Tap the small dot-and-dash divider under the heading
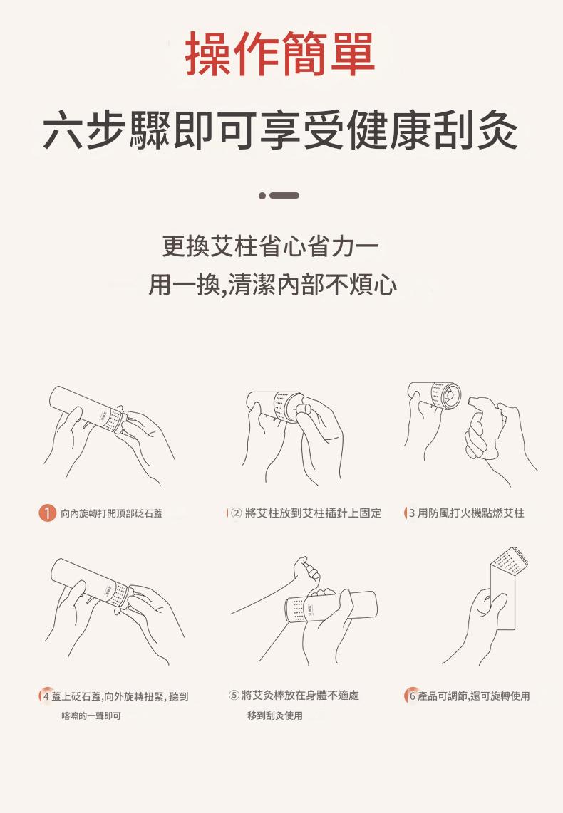pos(279,196)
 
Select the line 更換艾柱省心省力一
pos(270,246)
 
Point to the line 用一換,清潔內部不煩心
pos(273,285)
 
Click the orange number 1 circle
pos(47,513)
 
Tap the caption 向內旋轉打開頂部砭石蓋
pos(112,513)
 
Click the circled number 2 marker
pos(236,513)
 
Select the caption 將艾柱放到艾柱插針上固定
pos(313,513)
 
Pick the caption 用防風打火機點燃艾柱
pos(470,513)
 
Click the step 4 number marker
pos(46,696)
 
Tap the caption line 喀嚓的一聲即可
pos(91,716)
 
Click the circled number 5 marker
pos(234,695)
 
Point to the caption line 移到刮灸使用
pos(275,715)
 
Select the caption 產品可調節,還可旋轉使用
pos(474,696)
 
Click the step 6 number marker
pos(412,696)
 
